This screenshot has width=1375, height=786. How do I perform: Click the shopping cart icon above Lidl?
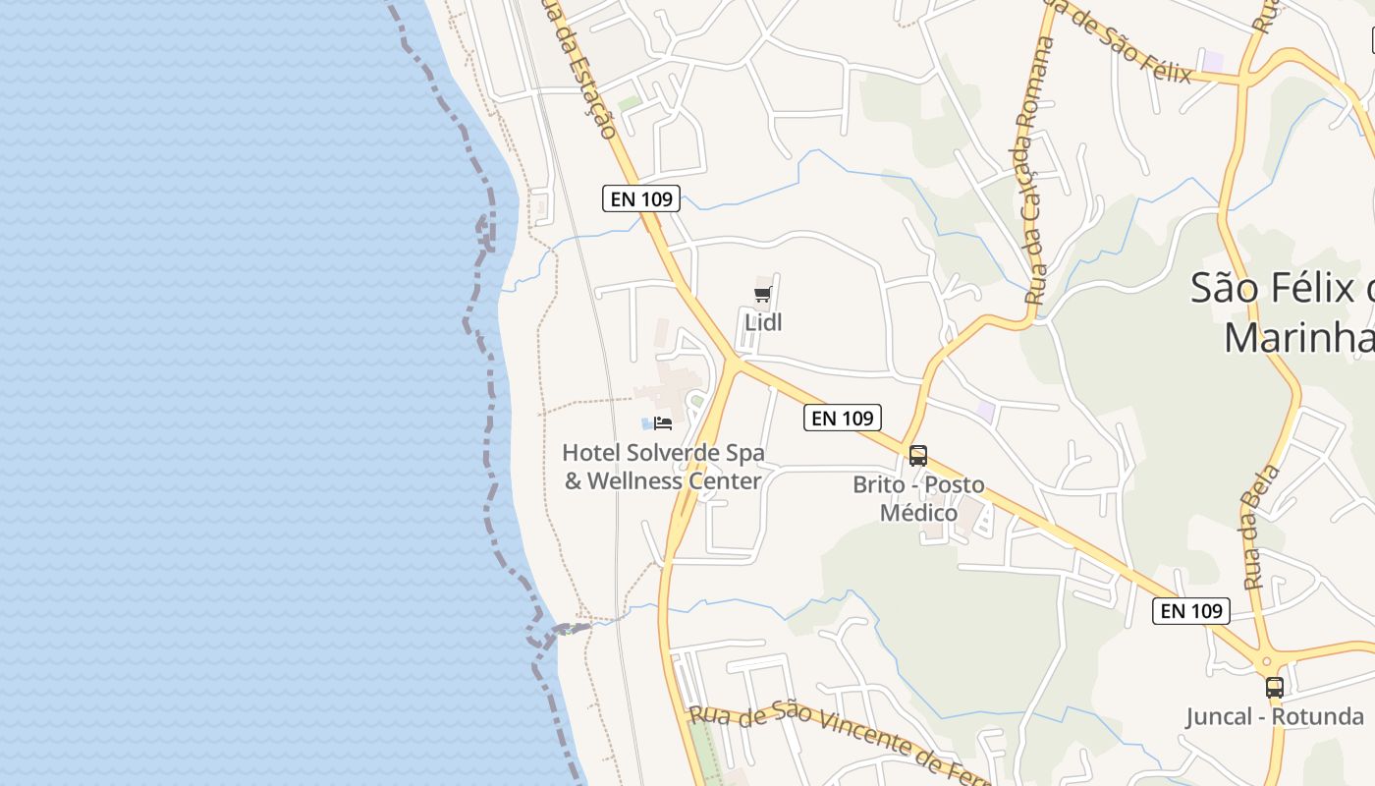tap(763, 294)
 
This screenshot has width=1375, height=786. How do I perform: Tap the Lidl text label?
tap(763, 322)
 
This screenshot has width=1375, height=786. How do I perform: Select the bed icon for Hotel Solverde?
tap(663, 423)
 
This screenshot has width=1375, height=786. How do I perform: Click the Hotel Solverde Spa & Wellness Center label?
tap(663, 467)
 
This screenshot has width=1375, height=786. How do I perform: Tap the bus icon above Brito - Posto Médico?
tap(918, 456)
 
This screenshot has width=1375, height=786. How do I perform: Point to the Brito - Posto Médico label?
tap(918, 498)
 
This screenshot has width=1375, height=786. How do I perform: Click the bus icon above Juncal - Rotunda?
tap(1275, 688)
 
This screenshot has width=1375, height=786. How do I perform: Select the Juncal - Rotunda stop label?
tap(1275, 716)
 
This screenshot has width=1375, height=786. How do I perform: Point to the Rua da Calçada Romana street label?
tap(1036, 171)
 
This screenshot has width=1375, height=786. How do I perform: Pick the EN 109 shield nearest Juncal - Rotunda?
tap(1191, 611)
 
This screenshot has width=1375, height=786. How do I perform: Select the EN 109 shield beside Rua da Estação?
tap(641, 198)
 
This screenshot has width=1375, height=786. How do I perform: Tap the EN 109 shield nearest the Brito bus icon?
tap(843, 418)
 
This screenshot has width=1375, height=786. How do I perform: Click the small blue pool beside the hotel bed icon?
tap(646, 423)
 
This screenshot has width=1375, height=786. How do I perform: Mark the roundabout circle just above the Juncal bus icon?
tap(1267, 663)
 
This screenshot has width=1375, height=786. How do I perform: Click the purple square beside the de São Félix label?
tap(1214, 61)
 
